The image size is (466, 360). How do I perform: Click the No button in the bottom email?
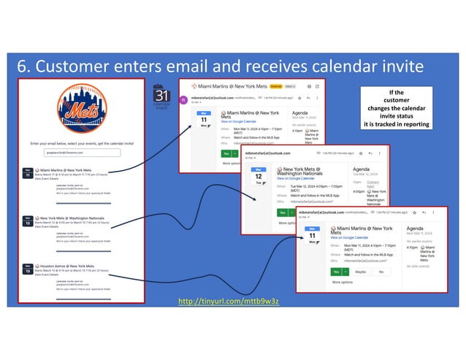tap(379, 271)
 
